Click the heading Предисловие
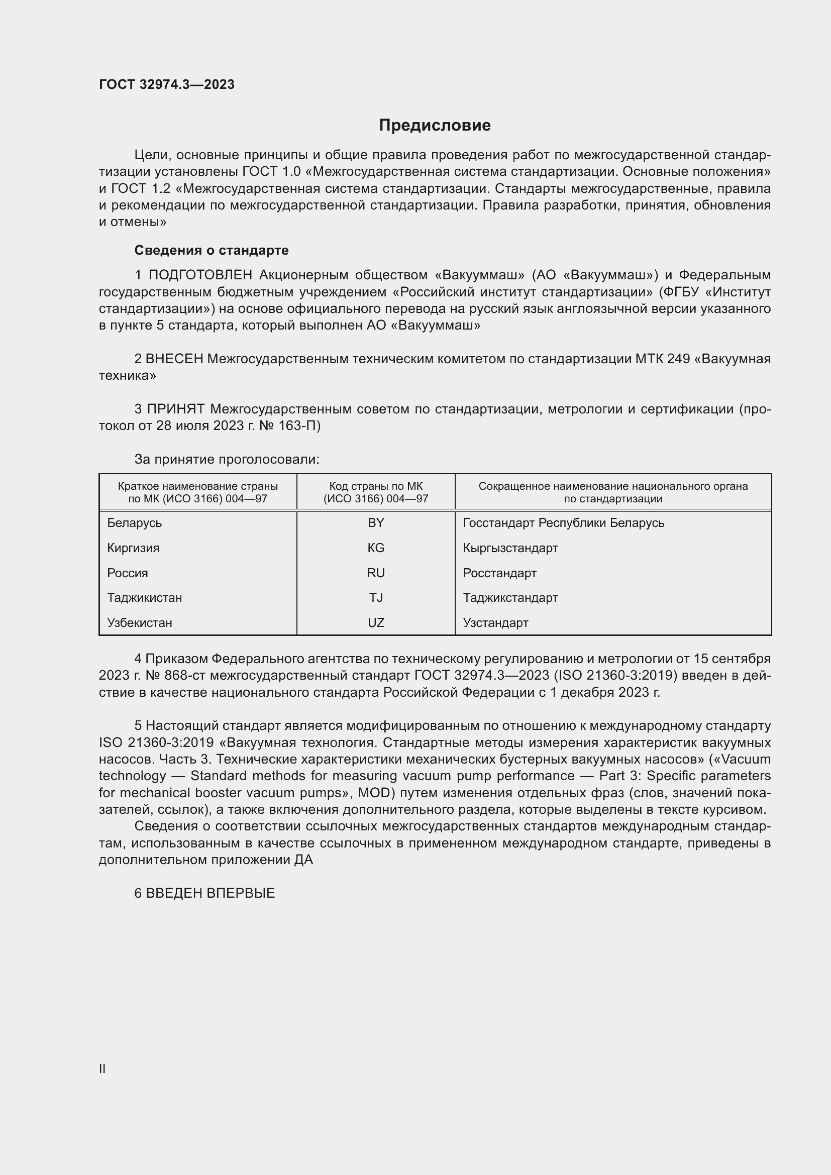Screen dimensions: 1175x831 435,126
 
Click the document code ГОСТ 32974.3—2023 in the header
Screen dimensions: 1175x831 167,84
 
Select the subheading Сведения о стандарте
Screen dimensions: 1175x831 212,250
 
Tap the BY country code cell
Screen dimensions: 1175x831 376,522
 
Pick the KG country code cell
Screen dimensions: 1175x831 376,548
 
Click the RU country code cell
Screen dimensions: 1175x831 376,573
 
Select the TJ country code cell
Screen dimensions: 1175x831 376,597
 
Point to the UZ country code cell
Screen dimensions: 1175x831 376,622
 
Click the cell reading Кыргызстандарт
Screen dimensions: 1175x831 510,548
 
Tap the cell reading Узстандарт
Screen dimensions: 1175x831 495,622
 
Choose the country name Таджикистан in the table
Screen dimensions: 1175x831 144,597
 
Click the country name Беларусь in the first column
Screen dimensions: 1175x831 134,522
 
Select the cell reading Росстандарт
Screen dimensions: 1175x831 499,573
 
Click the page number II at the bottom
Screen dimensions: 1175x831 102,1069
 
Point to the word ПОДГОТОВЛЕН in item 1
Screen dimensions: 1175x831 200,275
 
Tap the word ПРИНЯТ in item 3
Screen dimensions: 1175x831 176,409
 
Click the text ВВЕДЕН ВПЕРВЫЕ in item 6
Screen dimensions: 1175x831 211,893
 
